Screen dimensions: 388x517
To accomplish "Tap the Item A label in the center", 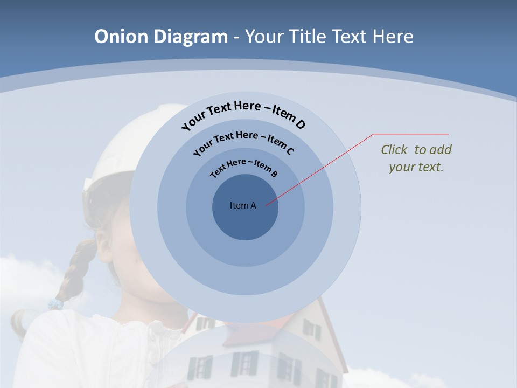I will coord(243,205).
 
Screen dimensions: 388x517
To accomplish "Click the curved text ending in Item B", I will coord(243,167).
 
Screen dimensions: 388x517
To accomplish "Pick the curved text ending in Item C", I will coord(243,141).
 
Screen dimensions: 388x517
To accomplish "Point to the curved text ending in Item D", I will coord(243,114).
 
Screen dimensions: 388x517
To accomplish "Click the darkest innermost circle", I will coord(245,221).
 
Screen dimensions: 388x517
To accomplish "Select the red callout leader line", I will coord(323,168).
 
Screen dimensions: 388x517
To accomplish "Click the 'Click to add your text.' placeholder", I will coord(416,158).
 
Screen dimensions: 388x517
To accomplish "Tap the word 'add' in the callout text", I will coord(441,150).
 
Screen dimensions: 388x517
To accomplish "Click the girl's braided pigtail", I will coord(75,269).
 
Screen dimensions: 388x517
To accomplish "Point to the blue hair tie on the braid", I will coord(55,304).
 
